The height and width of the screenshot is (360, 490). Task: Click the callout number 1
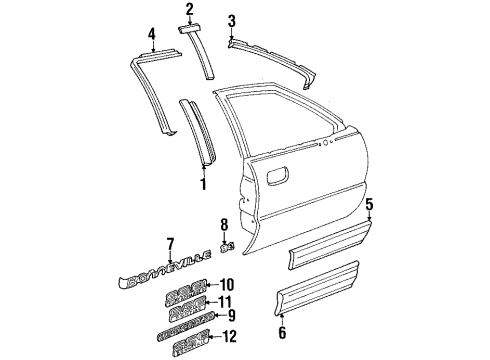point(203,183)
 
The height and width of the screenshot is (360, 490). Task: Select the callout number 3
point(231,21)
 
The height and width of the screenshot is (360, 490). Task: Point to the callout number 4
point(152,37)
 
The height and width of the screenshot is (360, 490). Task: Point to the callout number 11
point(226,301)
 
